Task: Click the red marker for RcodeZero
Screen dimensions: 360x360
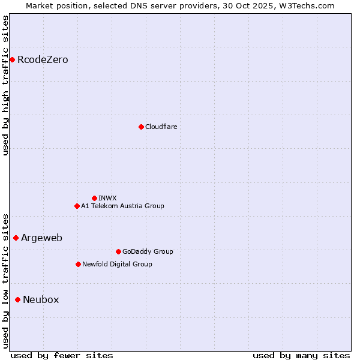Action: [x=12, y=59]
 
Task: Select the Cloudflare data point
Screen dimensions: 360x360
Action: [x=141, y=127]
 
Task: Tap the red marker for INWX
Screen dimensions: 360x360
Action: [x=94, y=198]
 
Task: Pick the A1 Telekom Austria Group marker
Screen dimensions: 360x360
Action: [x=77, y=206]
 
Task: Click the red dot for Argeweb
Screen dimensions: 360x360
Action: [x=16, y=238]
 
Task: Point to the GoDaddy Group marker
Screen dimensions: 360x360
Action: [x=118, y=251]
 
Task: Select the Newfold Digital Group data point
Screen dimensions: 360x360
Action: [x=78, y=264]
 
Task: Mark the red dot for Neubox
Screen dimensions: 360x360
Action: [x=17, y=299]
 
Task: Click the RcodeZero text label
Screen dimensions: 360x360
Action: [x=43, y=60]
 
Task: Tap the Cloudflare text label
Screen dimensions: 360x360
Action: [x=161, y=127]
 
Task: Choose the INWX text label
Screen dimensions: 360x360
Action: [x=107, y=198]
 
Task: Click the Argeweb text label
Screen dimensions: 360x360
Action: [x=41, y=238]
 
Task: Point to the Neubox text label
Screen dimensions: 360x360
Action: [x=41, y=300]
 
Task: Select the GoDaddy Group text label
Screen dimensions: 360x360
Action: [x=148, y=251]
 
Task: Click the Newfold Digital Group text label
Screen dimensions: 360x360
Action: [x=117, y=264]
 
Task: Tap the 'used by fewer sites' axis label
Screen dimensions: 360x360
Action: [x=62, y=355]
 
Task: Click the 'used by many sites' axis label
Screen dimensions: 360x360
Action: [x=301, y=355]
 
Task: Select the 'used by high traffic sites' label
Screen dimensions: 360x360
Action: [x=6, y=85]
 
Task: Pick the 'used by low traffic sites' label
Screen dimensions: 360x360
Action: [x=6, y=280]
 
